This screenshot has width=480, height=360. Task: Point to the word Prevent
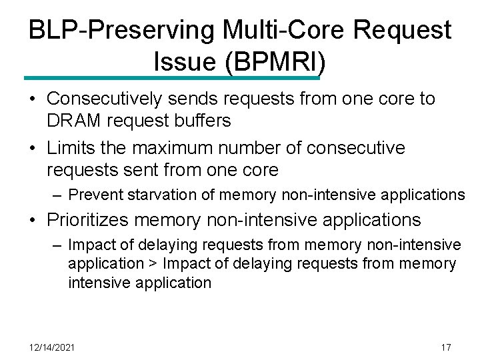[x=93, y=195]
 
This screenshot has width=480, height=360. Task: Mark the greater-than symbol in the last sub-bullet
[x=153, y=264]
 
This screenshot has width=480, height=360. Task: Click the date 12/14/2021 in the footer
[x=53, y=347]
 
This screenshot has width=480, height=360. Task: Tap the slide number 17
[x=446, y=347]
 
